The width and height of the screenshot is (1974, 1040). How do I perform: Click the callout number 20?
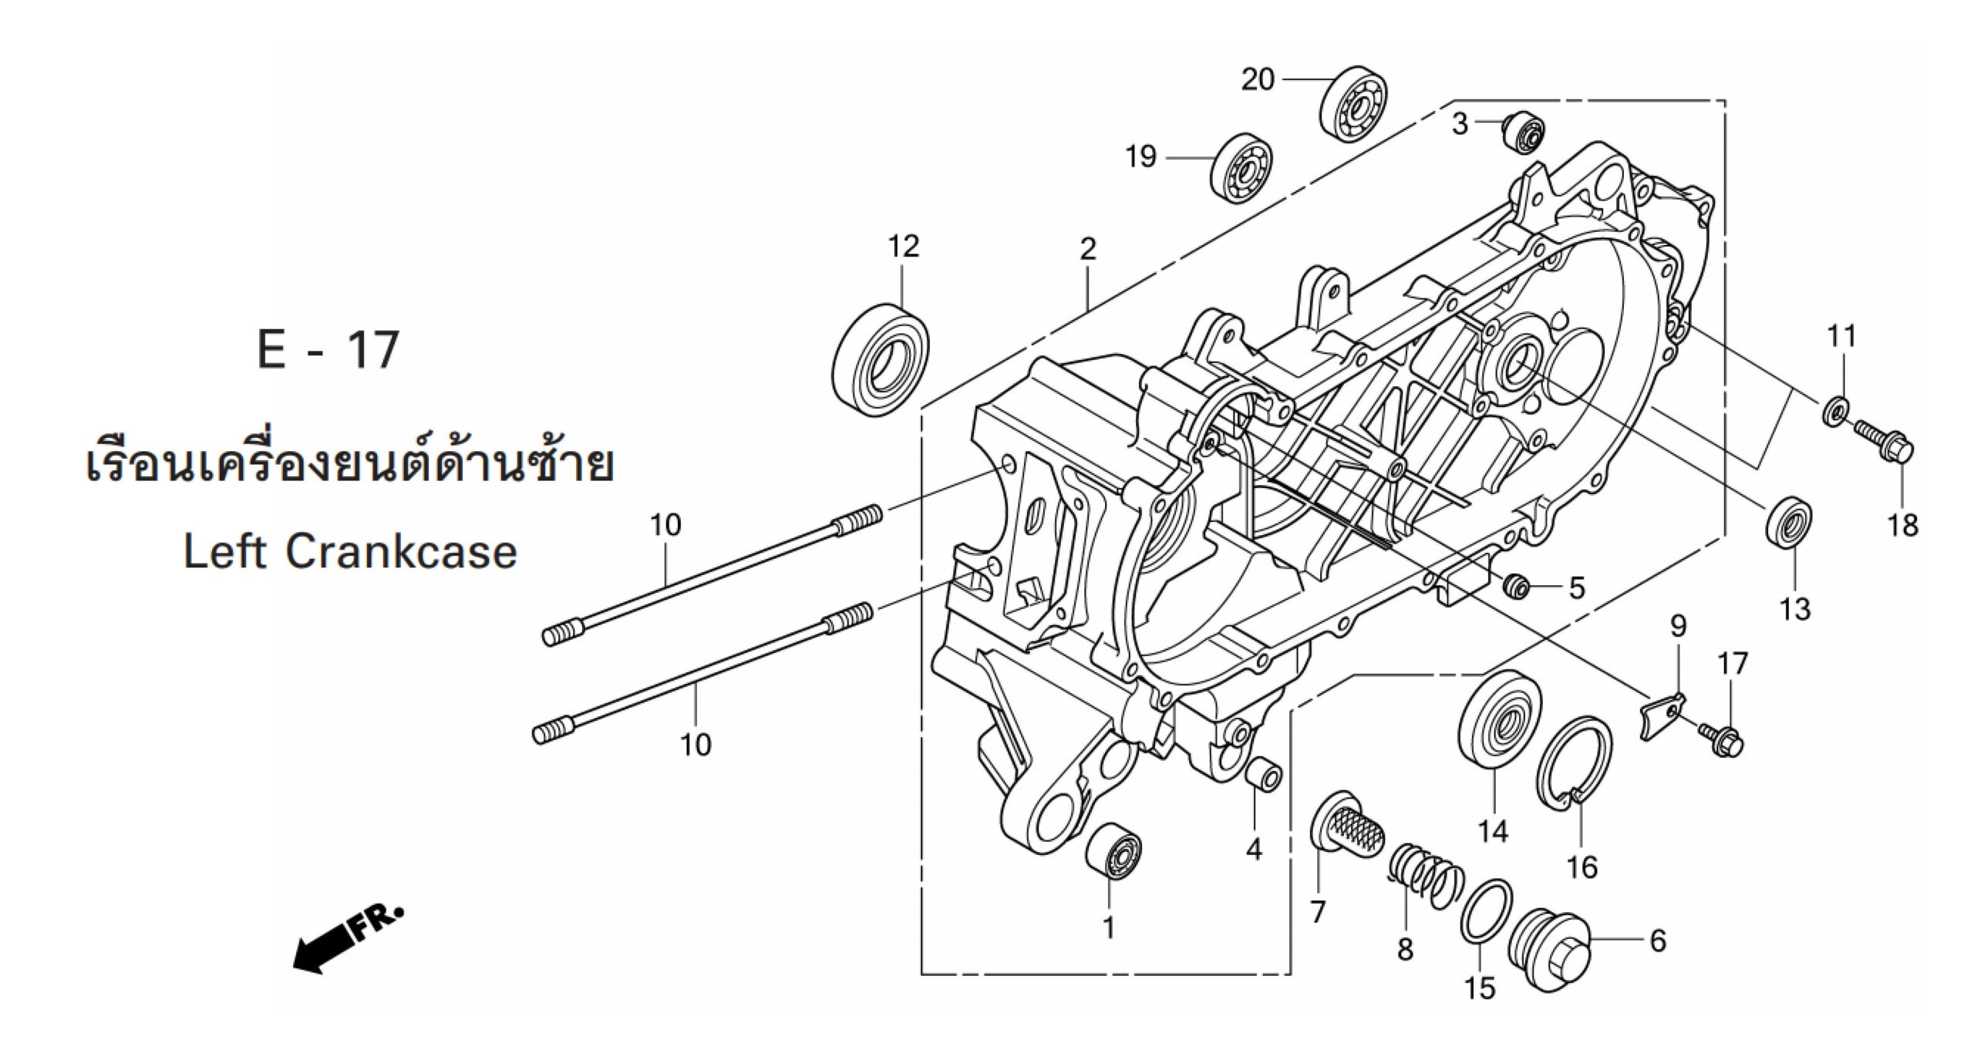[x=1257, y=79]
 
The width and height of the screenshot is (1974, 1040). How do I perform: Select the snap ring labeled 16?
[x=1565, y=767]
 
